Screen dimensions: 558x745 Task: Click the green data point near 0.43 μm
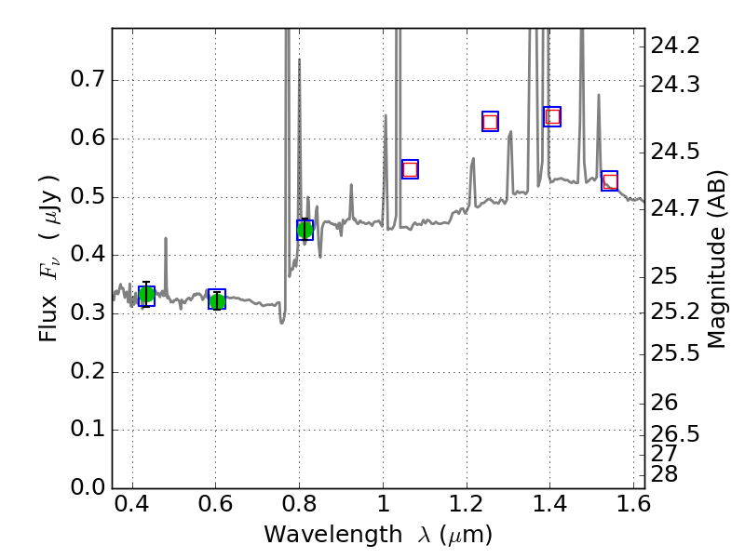click(146, 296)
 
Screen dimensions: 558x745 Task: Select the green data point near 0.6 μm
click(217, 300)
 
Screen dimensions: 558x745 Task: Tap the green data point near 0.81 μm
click(305, 230)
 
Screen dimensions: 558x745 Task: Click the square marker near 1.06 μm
click(410, 168)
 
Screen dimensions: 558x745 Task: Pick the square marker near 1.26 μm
click(490, 122)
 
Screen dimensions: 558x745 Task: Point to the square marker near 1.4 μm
click(552, 116)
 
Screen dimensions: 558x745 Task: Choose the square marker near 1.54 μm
click(610, 181)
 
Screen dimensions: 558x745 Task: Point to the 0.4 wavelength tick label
click(132, 507)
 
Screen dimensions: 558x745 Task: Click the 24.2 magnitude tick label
click(675, 46)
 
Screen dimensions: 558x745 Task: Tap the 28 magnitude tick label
click(665, 474)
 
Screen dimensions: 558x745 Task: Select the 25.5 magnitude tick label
click(675, 353)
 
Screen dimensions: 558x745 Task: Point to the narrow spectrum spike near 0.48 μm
click(166, 251)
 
